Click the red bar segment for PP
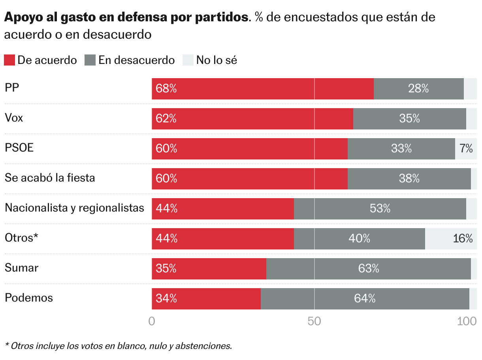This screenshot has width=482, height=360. (x=263, y=89)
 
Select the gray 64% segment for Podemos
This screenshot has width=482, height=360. (x=365, y=299)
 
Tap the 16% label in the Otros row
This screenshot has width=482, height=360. (x=463, y=239)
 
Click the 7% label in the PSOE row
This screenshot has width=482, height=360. (x=466, y=149)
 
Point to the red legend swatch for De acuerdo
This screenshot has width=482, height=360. (x=9, y=60)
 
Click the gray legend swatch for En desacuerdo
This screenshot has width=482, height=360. (x=90, y=60)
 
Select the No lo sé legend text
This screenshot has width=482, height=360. (x=217, y=60)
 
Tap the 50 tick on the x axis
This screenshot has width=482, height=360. (x=314, y=321)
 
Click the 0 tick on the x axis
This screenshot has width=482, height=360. (x=152, y=321)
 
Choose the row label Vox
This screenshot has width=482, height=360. (x=14, y=118)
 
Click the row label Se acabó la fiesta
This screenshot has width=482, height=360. (x=50, y=178)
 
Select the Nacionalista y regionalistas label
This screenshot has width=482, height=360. (x=74, y=208)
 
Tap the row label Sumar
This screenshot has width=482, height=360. (x=21, y=268)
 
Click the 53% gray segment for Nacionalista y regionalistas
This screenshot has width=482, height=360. (x=380, y=209)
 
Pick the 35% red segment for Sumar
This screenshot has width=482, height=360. (x=209, y=269)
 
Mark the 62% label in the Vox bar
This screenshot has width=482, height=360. (x=166, y=119)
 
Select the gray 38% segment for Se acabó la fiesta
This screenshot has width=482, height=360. (x=409, y=179)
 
